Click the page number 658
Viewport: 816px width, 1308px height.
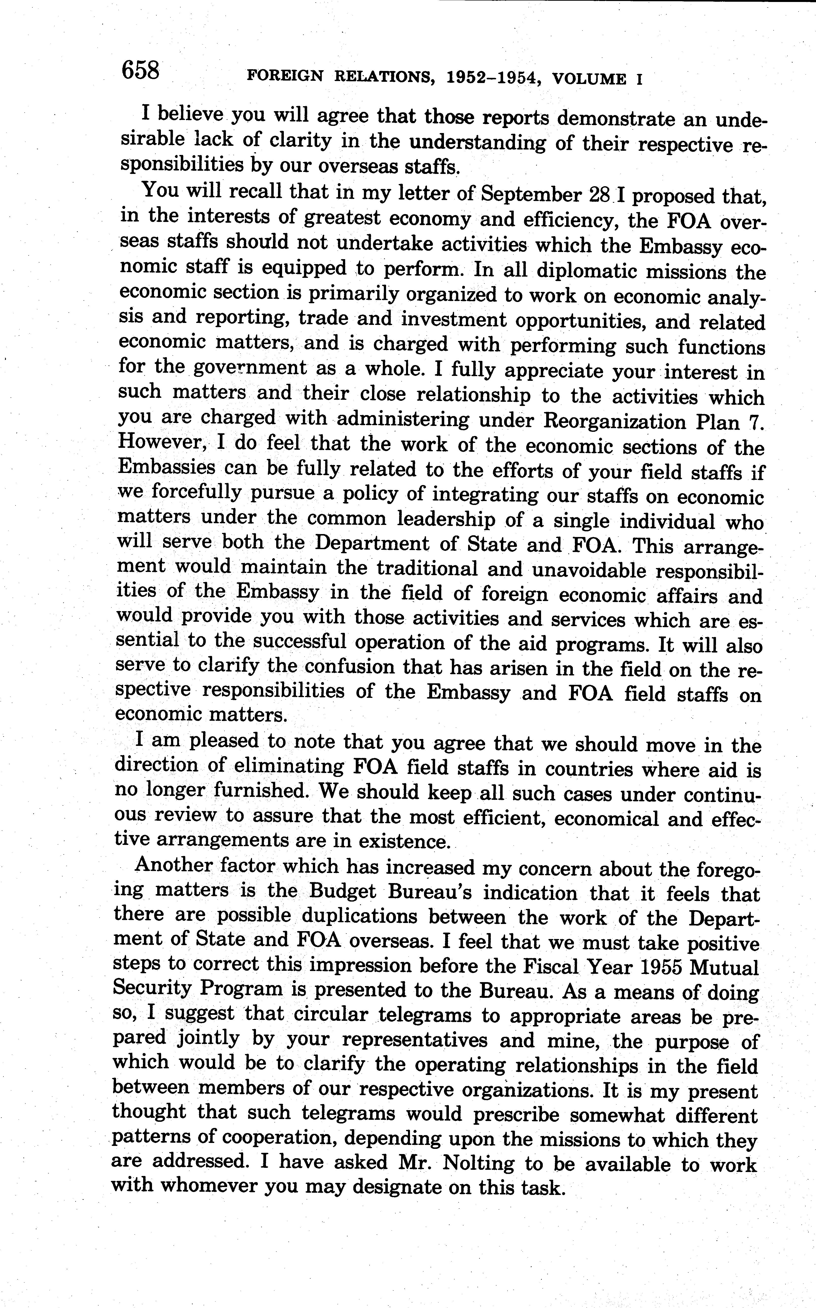coord(141,70)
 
